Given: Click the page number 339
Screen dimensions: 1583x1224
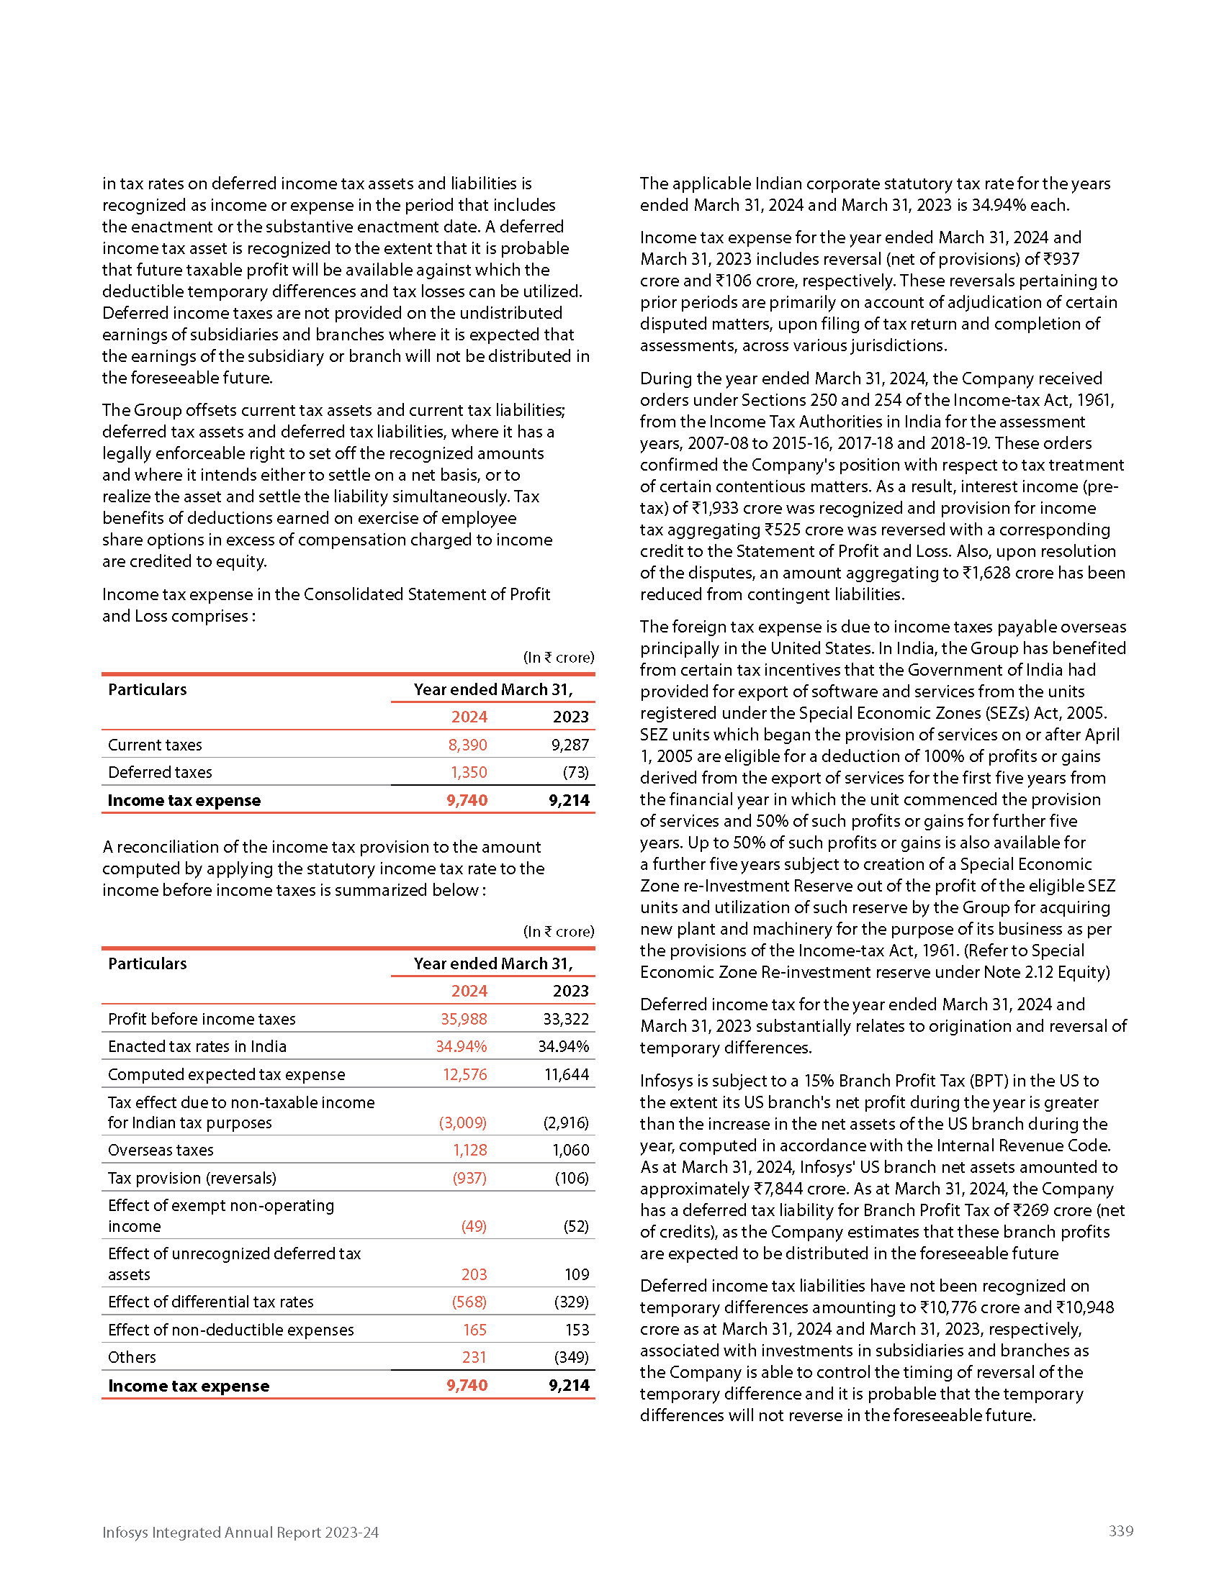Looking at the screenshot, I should tap(1120, 1530).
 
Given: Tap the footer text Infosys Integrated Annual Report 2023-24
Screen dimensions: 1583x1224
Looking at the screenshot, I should tap(240, 1532).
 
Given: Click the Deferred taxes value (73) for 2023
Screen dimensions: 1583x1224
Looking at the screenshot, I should tap(576, 772).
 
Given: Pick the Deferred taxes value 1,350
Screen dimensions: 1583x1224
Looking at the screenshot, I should tap(469, 772).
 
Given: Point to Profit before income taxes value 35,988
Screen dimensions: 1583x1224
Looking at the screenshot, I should tap(464, 1018).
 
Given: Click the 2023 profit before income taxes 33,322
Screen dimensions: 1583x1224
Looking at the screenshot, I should tap(566, 1018).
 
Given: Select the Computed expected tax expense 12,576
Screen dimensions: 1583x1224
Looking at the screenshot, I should tap(465, 1074).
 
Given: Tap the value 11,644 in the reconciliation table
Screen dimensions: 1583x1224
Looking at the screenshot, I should tap(567, 1074).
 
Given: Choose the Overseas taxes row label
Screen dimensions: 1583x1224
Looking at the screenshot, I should tap(161, 1150).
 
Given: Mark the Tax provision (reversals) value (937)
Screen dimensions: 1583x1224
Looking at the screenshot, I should tap(469, 1178).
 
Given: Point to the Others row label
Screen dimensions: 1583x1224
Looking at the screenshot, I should tap(132, 1357).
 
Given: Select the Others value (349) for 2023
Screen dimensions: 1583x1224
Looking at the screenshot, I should tap(572, 1357).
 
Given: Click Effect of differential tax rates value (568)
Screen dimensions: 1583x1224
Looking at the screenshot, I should tap(469, 1301).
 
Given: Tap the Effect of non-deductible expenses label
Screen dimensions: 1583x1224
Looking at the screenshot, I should tap(230, 1329).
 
